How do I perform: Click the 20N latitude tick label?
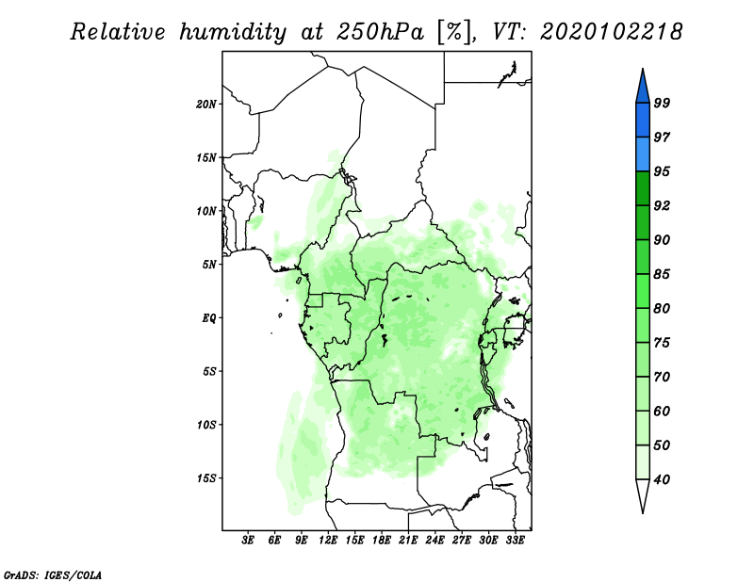[x=206, y=105]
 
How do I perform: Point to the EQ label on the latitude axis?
[x=209, y=318]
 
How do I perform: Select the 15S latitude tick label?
[x=206, y=478]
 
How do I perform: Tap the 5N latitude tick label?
[x=209, y=265]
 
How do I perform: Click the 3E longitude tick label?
[x=248, y=541]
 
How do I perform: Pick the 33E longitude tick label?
[x=515, y=541]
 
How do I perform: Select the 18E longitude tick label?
[x=382, y=541]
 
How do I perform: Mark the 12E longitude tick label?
[x=328, y=541]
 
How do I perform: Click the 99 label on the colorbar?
[x=662, y=103]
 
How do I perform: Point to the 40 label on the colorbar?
[x=662, y=479]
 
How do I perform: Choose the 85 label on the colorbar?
[x=662, y=274]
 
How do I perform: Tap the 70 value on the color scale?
[x=662, y=377]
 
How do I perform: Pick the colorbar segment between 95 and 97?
[x=643, y=154]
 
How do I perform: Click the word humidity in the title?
[x=233, y=33]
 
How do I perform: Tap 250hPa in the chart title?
[x=381, y=32]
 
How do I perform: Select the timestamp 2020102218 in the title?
[x=611, y=32]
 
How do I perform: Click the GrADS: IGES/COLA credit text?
[x=53, y=574]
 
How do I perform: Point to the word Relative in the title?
[x=117, y=32]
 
